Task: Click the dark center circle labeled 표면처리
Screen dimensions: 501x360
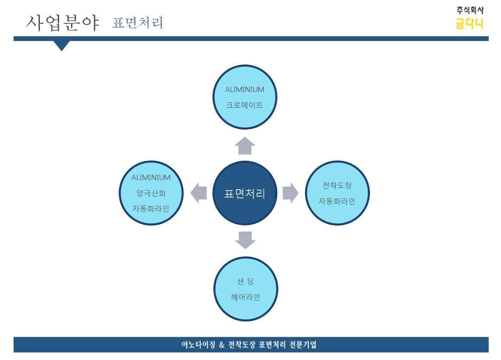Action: (245, 193)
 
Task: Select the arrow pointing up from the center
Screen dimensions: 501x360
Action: (245, 146)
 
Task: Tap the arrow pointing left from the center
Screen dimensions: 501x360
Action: (198, 193)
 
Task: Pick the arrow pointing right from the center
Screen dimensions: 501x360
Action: (290, 193)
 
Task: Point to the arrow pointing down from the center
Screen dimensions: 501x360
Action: (245, 240)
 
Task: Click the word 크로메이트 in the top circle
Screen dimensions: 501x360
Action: (244, 105)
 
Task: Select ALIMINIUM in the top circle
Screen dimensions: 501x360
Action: (244, 89)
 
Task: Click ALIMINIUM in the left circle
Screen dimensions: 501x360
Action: (151, 177)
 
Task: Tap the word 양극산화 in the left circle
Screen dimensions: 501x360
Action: (151, 193)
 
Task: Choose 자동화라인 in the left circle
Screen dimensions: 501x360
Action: (151, 208)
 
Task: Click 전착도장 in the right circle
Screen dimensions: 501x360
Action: (337, 185)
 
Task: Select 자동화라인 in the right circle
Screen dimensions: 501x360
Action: (337, 201)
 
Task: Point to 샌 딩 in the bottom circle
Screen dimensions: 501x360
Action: (245, 282)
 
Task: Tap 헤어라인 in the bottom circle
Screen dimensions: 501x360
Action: (245, 297)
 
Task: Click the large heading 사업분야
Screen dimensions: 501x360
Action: (63, 23)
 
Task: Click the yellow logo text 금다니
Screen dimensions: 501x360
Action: (469, 24)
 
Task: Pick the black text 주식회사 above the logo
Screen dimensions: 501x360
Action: (470, 10)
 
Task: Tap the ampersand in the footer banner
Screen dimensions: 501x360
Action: (222, 345)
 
